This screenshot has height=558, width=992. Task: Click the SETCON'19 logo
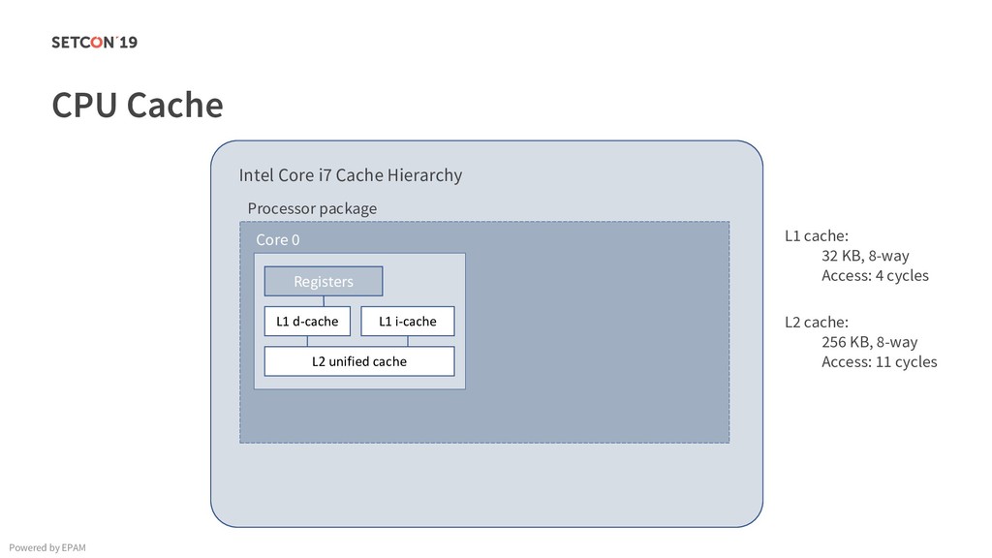click(x=94, y=42)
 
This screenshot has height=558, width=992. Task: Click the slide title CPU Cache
click(x=137, y=105)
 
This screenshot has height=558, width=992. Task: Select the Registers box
click(x=324, y=281)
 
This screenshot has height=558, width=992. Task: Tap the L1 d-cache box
click(x=307, y=321)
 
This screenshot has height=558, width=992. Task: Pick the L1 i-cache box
click(x=407, y=321)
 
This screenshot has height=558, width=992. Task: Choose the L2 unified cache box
click(x=359, y=361)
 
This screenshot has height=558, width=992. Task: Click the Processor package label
click(x=312, y=208)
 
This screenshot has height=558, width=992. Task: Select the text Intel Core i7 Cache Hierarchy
click(x=350, y=175)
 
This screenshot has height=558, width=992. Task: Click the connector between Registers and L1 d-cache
click(x=324, y=300)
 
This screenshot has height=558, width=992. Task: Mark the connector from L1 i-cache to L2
click(x=408, y=341)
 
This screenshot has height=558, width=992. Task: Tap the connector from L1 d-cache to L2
click(x=307, y=341)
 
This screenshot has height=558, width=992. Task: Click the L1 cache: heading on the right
click(x=816, y=235)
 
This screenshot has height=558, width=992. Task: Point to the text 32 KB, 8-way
click(x=865, y=256)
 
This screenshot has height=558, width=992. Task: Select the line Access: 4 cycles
click(x=874, y=276)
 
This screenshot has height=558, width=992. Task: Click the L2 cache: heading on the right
click(x=816, y=322)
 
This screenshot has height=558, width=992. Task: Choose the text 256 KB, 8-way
click(x=869, y=342)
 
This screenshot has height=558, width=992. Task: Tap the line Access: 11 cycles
click(x=879, y=362)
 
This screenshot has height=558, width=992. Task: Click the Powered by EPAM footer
click(x=46, y=548)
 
